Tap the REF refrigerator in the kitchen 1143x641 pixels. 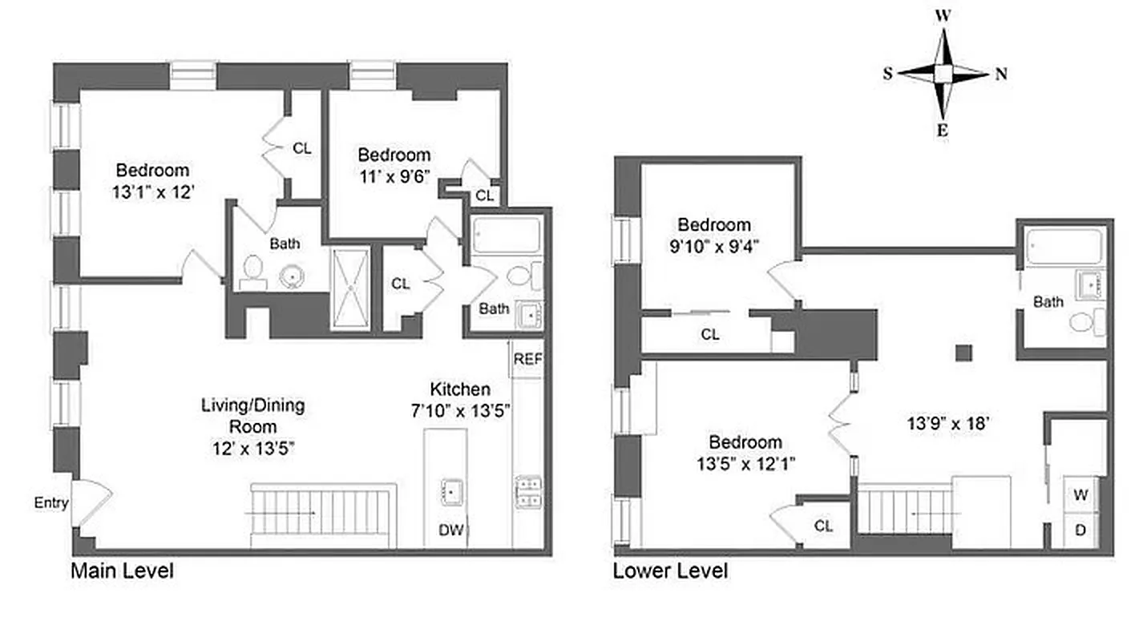[x=527, y=359]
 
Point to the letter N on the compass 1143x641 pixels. [x=1001, y=75]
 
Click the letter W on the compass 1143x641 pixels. [x=943, y=15]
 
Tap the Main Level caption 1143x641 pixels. [x=122, y=571]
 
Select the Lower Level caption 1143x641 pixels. [x=670, y=571]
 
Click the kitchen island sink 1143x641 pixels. [x=452, y=489]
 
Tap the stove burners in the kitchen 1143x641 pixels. [x=528, y=492]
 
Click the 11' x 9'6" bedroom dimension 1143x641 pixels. [x=394, y=176]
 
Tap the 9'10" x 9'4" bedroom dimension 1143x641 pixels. [x=713, y=246]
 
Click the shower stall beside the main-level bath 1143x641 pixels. [x=350, y=288]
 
